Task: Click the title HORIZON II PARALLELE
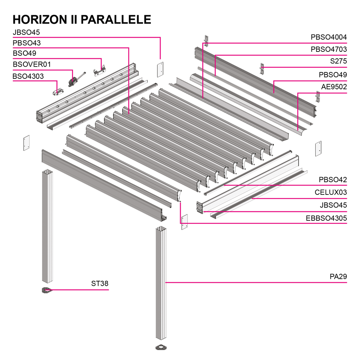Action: coord(82,19)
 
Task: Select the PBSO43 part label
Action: coord(27,43)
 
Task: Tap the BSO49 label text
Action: coord(24,54)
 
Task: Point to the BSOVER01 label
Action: coord(32,65)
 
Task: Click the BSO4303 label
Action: coord(28,76)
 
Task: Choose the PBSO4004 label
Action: coord(328,37)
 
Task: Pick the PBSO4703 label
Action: coord(328,49)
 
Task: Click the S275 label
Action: coord(338,62)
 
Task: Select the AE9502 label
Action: coord(334,87)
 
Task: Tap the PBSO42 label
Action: coord(333,180)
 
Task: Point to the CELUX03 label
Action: coord(330,192)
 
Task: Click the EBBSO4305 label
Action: coord(326,218)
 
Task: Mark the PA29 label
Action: coord(338,277)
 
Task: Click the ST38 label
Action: coord(99,284)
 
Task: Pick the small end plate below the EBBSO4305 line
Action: coord(185,222)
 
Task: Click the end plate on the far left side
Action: coord(26,143)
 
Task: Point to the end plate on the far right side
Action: coord(318,148)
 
